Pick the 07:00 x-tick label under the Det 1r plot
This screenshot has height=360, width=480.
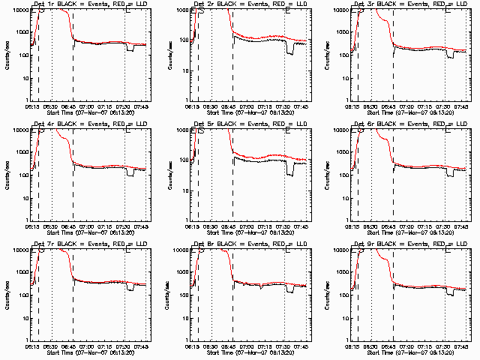(91, 106)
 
